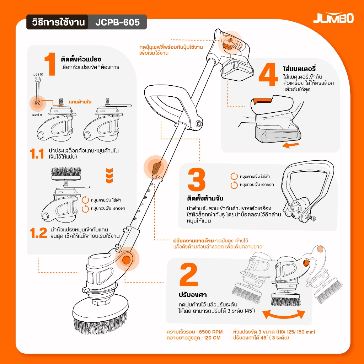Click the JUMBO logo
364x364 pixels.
pyautogui.click(x=333, y=18)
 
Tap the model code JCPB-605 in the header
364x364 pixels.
pyautogui.click(x=117, y=22)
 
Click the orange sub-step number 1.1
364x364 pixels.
pyautogui.click(x=37, y=154)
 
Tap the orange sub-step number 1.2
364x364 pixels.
pyautogui.click(x=38, y=233)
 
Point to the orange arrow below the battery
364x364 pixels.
pyautogui.click(x=291, y=145)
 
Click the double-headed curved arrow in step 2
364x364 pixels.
pyautogui.click(x=284, y=315)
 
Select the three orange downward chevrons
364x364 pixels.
pyautogui.click(x=109, y=176)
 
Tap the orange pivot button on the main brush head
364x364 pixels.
pyautogui.click(x=127, y=260)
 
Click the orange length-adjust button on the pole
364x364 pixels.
pyautogui.click(x=156, y=167)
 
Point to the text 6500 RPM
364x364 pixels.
pyautogui.click(x=211, y=332)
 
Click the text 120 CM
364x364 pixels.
pyautogui.click(x=212, y=338)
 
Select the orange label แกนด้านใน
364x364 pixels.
pyautogui.click(x=80, y=102)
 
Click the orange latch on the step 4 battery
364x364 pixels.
pyautogui.click(x=263, y=101)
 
